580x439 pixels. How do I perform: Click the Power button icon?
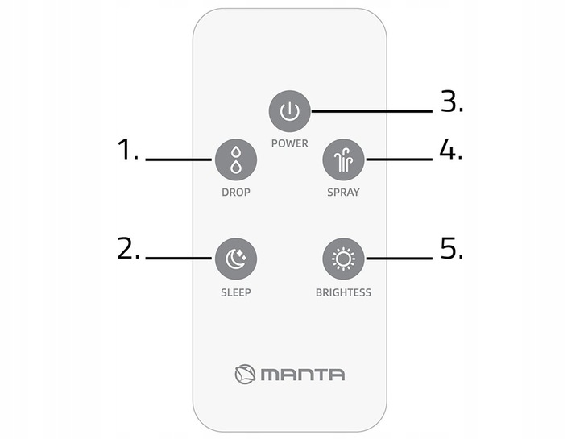click(290, 111)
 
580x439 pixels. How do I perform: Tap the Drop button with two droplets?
click(236, 160)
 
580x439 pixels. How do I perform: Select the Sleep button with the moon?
click(236, 259)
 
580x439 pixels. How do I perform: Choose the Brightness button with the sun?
click(343, 259)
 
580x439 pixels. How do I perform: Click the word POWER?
click(290, 143)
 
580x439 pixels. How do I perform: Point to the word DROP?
click(236, 193)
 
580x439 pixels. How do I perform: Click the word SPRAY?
click(343, 193)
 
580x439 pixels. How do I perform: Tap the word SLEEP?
click(236, 292)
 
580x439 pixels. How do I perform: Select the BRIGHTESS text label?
click(343, 292)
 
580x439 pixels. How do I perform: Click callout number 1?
click(127, 149)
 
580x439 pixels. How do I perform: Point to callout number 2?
click(128, 248)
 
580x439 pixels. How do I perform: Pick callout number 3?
click(452, 101)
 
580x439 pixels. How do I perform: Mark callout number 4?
click(451, 149)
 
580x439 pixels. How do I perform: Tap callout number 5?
click(452, 248)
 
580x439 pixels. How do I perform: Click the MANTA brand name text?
click(303, 375)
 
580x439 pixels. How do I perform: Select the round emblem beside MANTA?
click(245, 374)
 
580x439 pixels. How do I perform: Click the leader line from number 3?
click(371, 111)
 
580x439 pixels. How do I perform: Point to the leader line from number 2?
click(179, 258)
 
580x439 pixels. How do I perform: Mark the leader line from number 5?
click(399, 258)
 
